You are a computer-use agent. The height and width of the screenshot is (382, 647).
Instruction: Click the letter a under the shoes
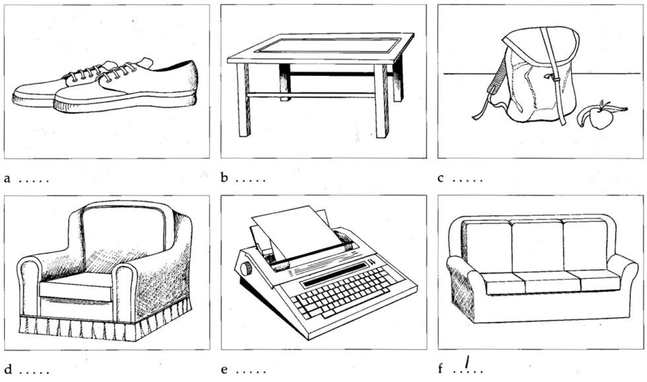point(7,178)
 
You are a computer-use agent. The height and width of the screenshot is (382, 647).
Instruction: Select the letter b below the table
point(224,178)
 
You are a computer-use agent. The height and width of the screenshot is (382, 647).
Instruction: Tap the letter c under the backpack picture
point(441,178)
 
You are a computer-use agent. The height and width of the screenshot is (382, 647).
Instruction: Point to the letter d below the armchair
point(7,369)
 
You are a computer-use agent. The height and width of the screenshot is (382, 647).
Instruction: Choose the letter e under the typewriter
point(224,369)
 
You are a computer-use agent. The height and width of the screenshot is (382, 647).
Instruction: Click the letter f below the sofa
point(441,369)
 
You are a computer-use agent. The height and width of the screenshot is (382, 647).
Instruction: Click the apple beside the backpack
point(598,117)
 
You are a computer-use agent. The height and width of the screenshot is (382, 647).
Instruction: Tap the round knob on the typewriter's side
point(246,269)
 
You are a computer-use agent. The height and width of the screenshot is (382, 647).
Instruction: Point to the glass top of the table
point(329,46)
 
